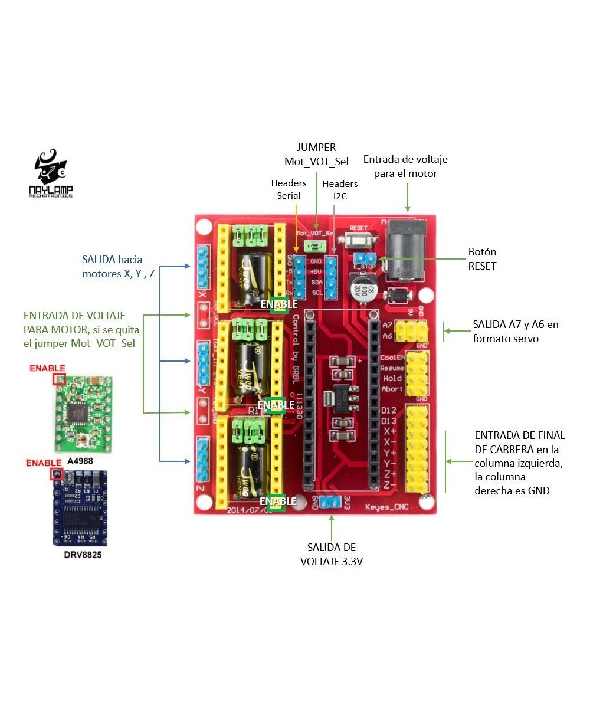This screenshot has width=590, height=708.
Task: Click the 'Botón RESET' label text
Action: coord(482,259)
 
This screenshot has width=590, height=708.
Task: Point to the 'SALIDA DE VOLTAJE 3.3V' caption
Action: coord(332,555)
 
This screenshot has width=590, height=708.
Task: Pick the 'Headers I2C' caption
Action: coord(340,189)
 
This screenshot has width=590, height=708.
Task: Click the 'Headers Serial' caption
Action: coord(289,189)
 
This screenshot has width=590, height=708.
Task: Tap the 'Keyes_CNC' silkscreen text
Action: coord(386,507)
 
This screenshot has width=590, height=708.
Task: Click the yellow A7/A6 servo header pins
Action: coord(412,329)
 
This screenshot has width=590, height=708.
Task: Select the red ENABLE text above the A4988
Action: coord(47,368)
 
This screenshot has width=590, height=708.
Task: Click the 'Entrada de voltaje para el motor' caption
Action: coord(405,166)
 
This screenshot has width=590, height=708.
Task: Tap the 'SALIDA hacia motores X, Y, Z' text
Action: coord(118,266)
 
